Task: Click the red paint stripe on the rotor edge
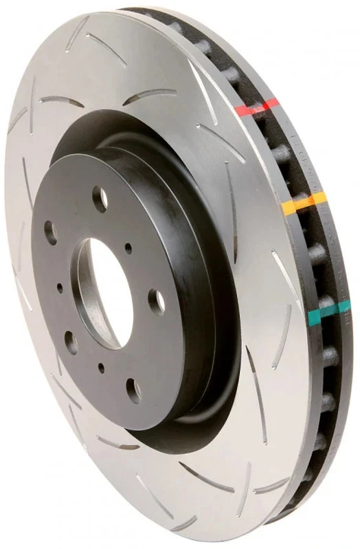[256, 107]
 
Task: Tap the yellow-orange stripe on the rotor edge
[303, 202]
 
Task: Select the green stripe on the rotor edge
[322, 315]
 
